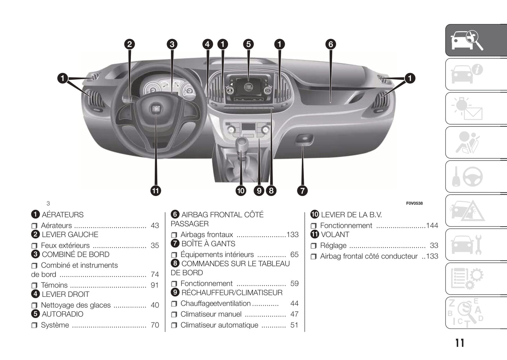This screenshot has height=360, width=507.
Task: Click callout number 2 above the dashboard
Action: [x=129, y=44]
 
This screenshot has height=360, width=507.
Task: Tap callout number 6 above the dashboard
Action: [x=331, y=44]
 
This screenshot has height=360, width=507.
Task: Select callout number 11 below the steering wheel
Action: [x=155, y=191]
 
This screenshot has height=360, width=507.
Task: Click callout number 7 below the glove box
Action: [x=302, y=191]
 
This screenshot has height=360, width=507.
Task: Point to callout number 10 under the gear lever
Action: [x=241, y=191]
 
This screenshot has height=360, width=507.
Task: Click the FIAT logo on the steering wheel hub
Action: [x=156, y=109]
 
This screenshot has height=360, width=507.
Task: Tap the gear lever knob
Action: [x=242, y=143]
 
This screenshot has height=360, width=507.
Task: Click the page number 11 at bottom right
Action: [x=460, y=343]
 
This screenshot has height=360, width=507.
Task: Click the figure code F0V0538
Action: [x=414, y=204]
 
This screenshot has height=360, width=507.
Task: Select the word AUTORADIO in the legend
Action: [x=62, y=314]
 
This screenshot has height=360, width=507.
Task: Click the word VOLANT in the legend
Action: [x=335, y=234]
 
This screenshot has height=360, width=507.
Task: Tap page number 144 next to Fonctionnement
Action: [x=432, y=226]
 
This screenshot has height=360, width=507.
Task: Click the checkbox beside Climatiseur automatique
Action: [x=174, y=325]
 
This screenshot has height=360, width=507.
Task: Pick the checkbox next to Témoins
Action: [x=34, y=286]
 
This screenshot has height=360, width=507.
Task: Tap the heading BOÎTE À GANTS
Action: [x=208, y=244]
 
